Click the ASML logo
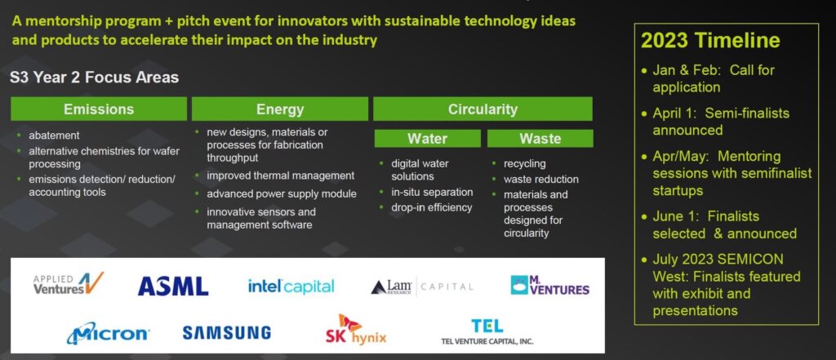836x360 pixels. [x=173, y=287]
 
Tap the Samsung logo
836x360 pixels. [x=227, y=333]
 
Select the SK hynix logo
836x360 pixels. [x=356, y=330]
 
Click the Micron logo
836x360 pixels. [x=109, y=333]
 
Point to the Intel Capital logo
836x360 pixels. [x=291, y=287]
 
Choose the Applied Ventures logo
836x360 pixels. [x=69, y=283]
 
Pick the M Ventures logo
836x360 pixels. [x=549, y=286]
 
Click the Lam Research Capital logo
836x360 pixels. [x=422, y=287]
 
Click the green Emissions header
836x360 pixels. [x=99, y=109]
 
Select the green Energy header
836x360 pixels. [x=280, y=109]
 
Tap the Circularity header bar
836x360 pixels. [x=482, y=109]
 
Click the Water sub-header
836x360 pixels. [x=427, y=139]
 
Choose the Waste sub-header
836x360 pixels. [x=540, y=139]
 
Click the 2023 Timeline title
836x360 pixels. [x=710, y=41]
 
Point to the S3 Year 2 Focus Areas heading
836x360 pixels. [x=95, y=78]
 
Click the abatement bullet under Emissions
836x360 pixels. [x=54, y=136]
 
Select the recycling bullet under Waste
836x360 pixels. [x=525, y=163]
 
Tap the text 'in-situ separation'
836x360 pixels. [x=432, y=192]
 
